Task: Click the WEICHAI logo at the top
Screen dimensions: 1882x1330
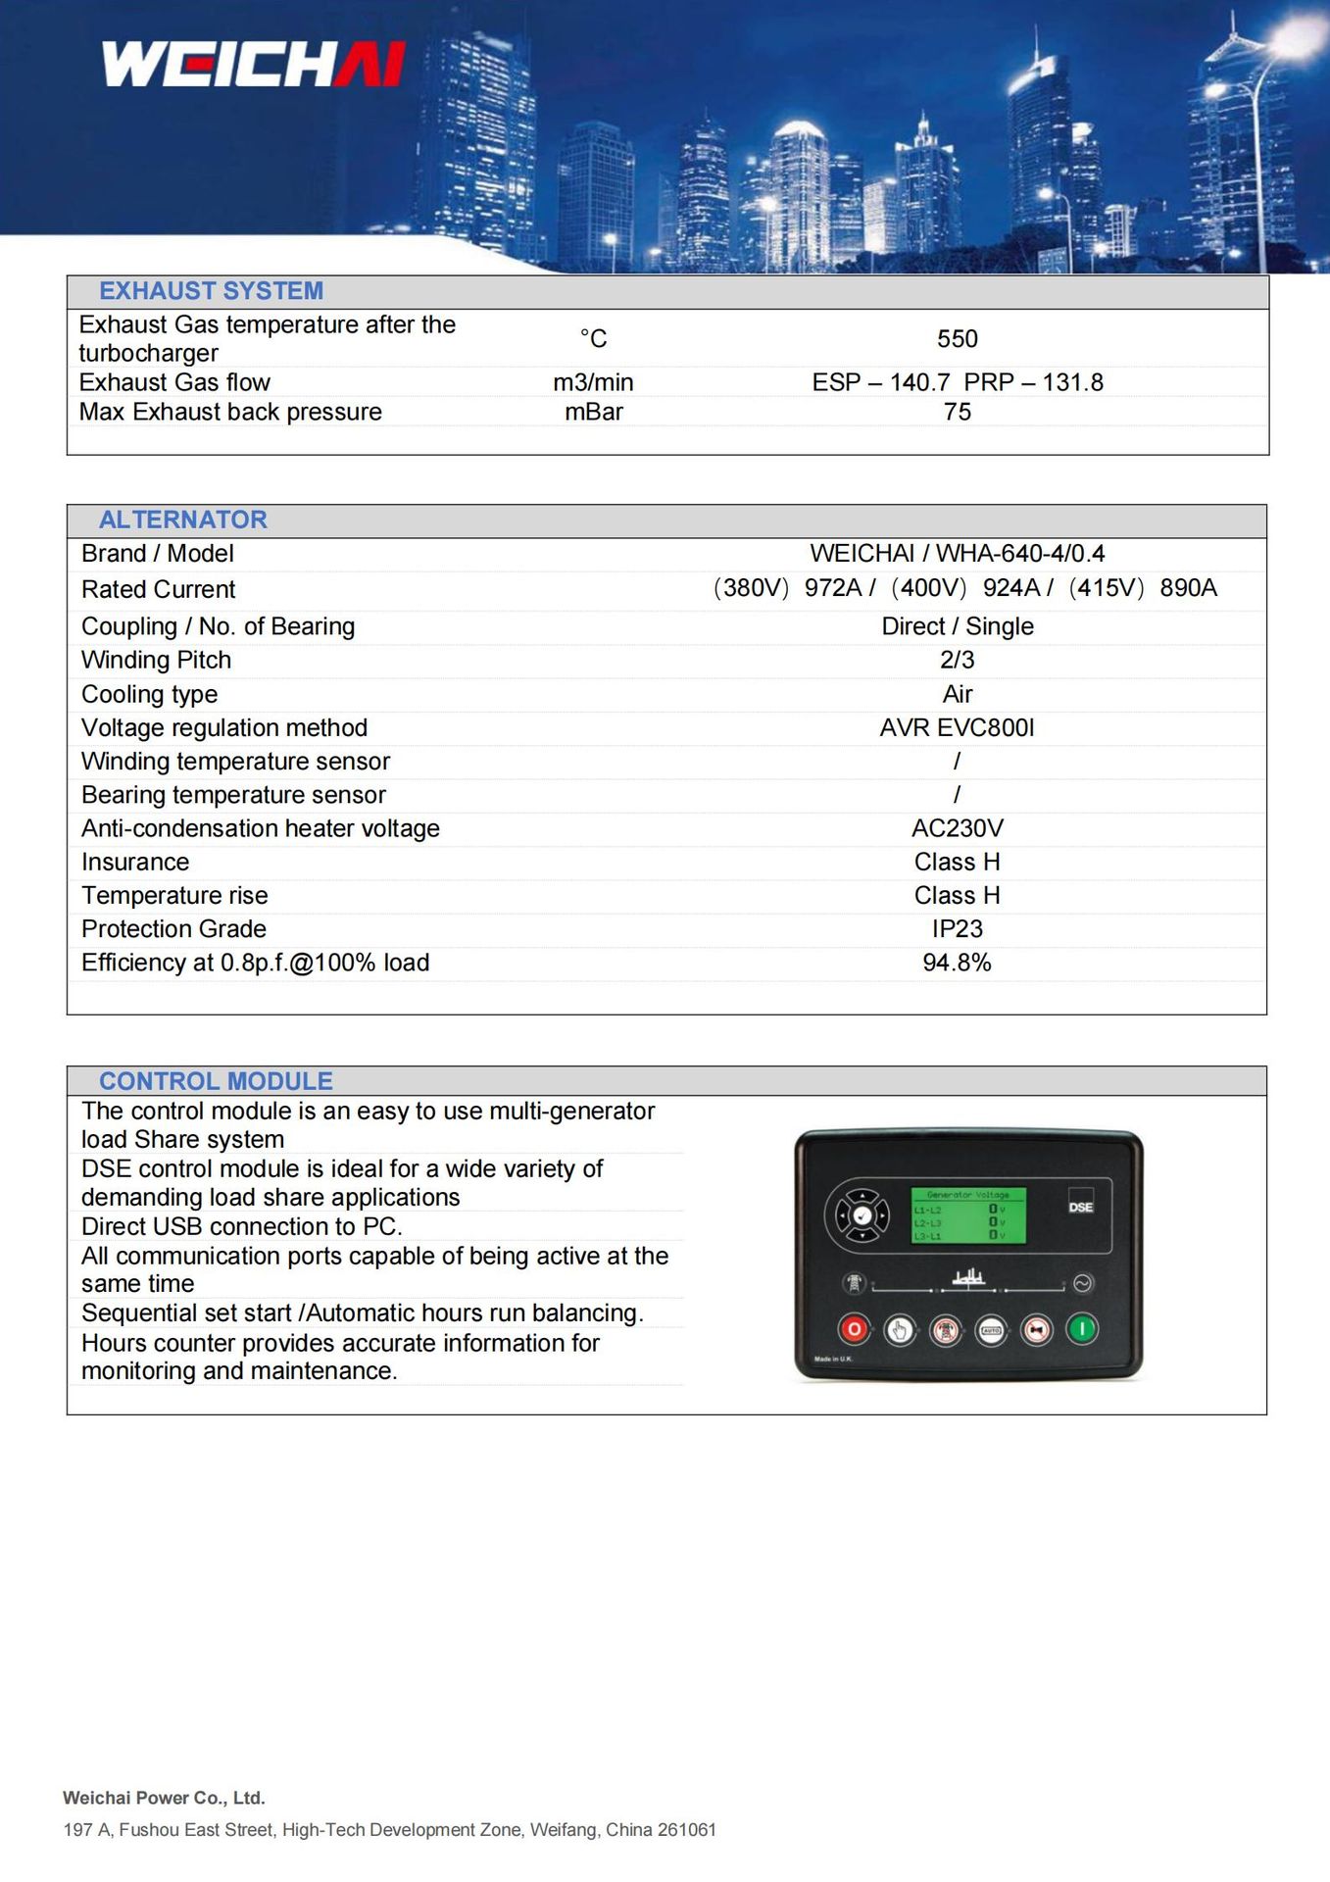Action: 253,65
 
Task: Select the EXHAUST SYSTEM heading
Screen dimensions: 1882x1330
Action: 211,291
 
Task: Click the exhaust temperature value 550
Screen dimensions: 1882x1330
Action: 957,339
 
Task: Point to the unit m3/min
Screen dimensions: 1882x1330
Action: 593,382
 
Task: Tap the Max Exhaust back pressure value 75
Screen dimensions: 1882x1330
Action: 957,412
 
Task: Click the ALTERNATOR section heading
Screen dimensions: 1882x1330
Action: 182,520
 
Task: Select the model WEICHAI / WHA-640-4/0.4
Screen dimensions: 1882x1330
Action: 957,554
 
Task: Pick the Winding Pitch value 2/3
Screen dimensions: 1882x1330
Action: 957,660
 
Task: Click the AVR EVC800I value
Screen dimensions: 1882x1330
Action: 957,727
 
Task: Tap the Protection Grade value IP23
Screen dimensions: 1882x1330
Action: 957,928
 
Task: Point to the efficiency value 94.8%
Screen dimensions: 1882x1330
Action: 957,963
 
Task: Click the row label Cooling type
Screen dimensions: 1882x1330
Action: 149,694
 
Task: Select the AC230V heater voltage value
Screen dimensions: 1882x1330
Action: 957,828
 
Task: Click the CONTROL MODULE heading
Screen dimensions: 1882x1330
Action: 216,1081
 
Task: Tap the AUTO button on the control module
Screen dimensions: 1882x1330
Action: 991,1330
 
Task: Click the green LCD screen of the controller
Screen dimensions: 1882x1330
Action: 968,1215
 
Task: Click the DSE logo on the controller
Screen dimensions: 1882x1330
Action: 1080,1207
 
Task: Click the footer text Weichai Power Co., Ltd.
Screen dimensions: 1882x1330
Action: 164,1798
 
